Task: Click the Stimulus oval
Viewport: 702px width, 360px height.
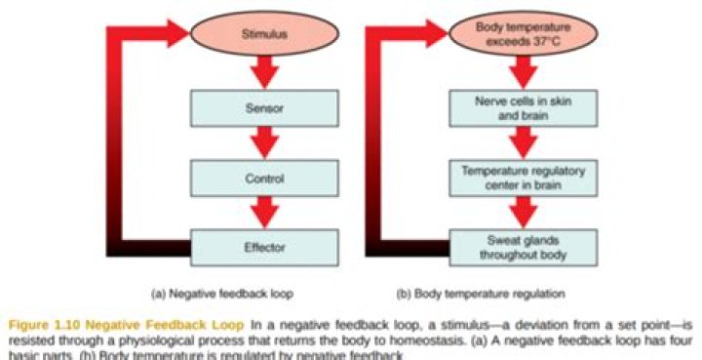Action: [x=267, y=33]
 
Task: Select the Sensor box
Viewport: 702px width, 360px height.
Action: [x=265, y=108]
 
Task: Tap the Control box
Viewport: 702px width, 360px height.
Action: [x=265, y=177]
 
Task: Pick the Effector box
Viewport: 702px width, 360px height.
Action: [x=265, y=246]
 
